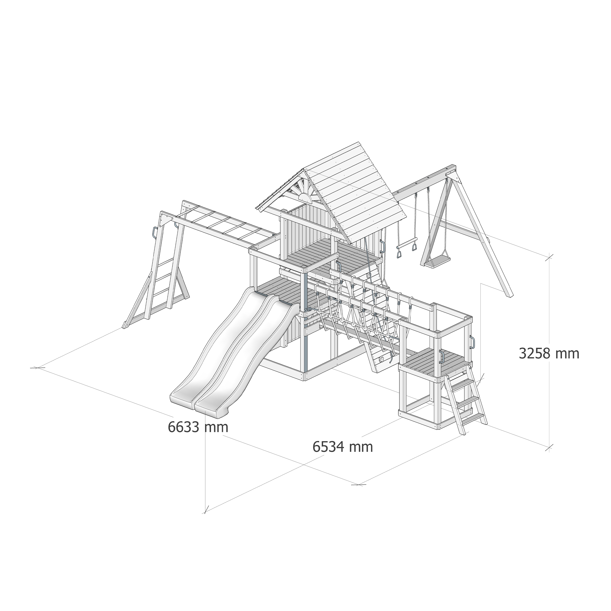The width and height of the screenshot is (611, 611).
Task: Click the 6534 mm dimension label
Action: (x=343, y=447)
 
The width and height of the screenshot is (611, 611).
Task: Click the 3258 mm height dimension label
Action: (x=549, y=354)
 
